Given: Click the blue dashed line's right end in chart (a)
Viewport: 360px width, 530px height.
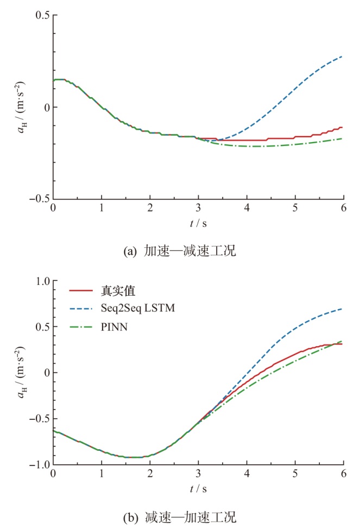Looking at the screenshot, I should click(343, 56).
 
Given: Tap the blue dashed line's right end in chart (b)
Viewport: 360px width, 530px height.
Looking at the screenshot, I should click(343, 309).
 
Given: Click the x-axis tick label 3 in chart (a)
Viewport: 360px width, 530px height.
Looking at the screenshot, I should click(198, 209).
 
